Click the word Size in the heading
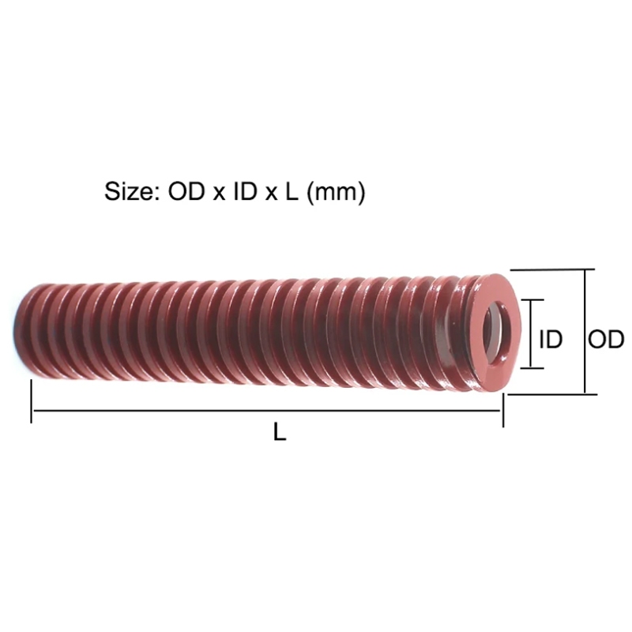(129, 191)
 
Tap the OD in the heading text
(186, 191)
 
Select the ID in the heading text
(245, 191)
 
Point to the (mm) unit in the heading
(337, 192)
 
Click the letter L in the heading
(292, 191)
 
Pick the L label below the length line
(280, 431)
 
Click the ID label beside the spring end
(551, 339)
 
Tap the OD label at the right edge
(606, 339)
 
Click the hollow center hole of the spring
(497, 333)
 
